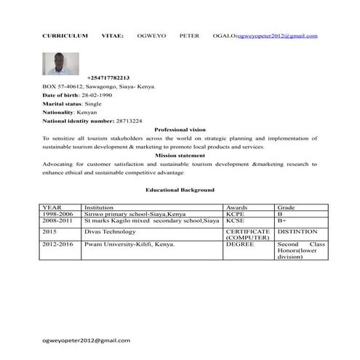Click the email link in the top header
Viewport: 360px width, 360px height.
coord(276,35)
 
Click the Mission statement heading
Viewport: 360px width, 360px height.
coord(180,156)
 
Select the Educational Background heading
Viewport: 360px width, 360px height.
coord(180,189)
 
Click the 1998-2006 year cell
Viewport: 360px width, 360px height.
coord(58,215)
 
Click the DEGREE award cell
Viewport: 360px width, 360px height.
coord(239,245)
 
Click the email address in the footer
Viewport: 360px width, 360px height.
coord(87,340)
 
